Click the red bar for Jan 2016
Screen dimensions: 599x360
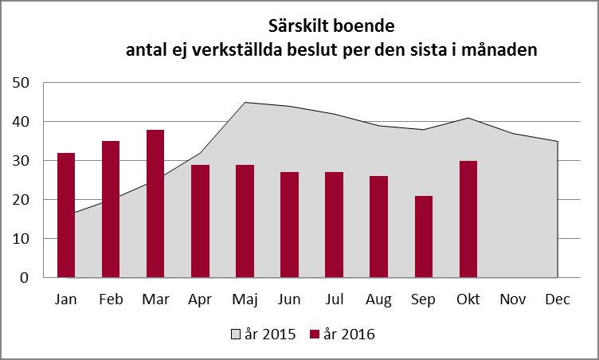66,215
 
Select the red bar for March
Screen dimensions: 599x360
155,204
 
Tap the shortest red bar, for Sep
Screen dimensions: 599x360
424,237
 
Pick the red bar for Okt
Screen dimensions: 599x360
468,219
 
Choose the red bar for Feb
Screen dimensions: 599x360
111,209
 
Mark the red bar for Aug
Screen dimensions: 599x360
379,227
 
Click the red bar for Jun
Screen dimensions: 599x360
290,225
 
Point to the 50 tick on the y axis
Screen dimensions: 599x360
21,83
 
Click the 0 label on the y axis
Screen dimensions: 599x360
25,278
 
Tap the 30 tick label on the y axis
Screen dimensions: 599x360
21,161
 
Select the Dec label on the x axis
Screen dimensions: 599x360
558,299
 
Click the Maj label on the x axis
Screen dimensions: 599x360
245,299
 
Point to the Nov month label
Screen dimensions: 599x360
513,299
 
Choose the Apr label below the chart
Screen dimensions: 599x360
200,299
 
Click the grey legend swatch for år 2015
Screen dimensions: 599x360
236,335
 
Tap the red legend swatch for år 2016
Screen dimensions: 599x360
314,335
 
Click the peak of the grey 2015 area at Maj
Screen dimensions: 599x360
245,103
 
